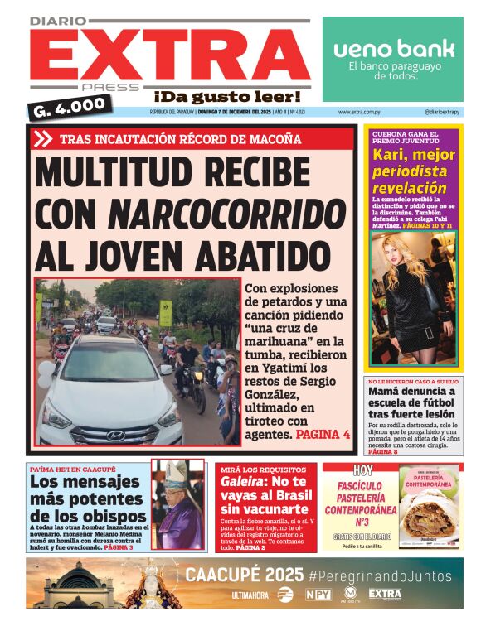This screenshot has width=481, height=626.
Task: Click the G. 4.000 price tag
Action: [x=71, y=106]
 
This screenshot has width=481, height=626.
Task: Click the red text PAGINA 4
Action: [x=323, y=434]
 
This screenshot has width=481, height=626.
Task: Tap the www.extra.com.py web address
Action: [x=360, y=112]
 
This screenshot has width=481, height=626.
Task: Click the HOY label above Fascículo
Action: [x=362, y=470]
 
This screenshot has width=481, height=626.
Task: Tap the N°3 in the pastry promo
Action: [x=360, y=522]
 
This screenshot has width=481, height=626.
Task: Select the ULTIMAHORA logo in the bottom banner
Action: [x=250, y=595]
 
